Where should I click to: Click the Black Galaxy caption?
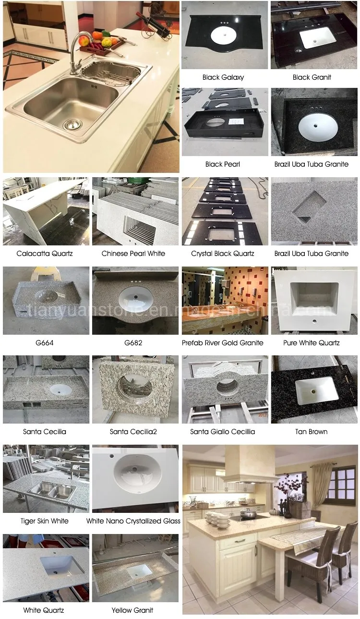[x=223, y=77]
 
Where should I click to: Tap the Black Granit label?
[x=312, y=77]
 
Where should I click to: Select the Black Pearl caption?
[x=223, y=164]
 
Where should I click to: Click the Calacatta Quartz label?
[x=45, y=253]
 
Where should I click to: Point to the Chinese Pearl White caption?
[x=133, y=253]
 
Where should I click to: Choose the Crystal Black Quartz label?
[x=223, y=253]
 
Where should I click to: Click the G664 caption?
[x=45, y=343]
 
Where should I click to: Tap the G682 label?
[x=133, y=343]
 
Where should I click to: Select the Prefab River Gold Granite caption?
[x=223, y=343]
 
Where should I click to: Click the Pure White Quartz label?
[x=312, y=343]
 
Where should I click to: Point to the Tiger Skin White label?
[x=45, y=521]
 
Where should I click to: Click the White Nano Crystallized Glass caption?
[x=133, y=521]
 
